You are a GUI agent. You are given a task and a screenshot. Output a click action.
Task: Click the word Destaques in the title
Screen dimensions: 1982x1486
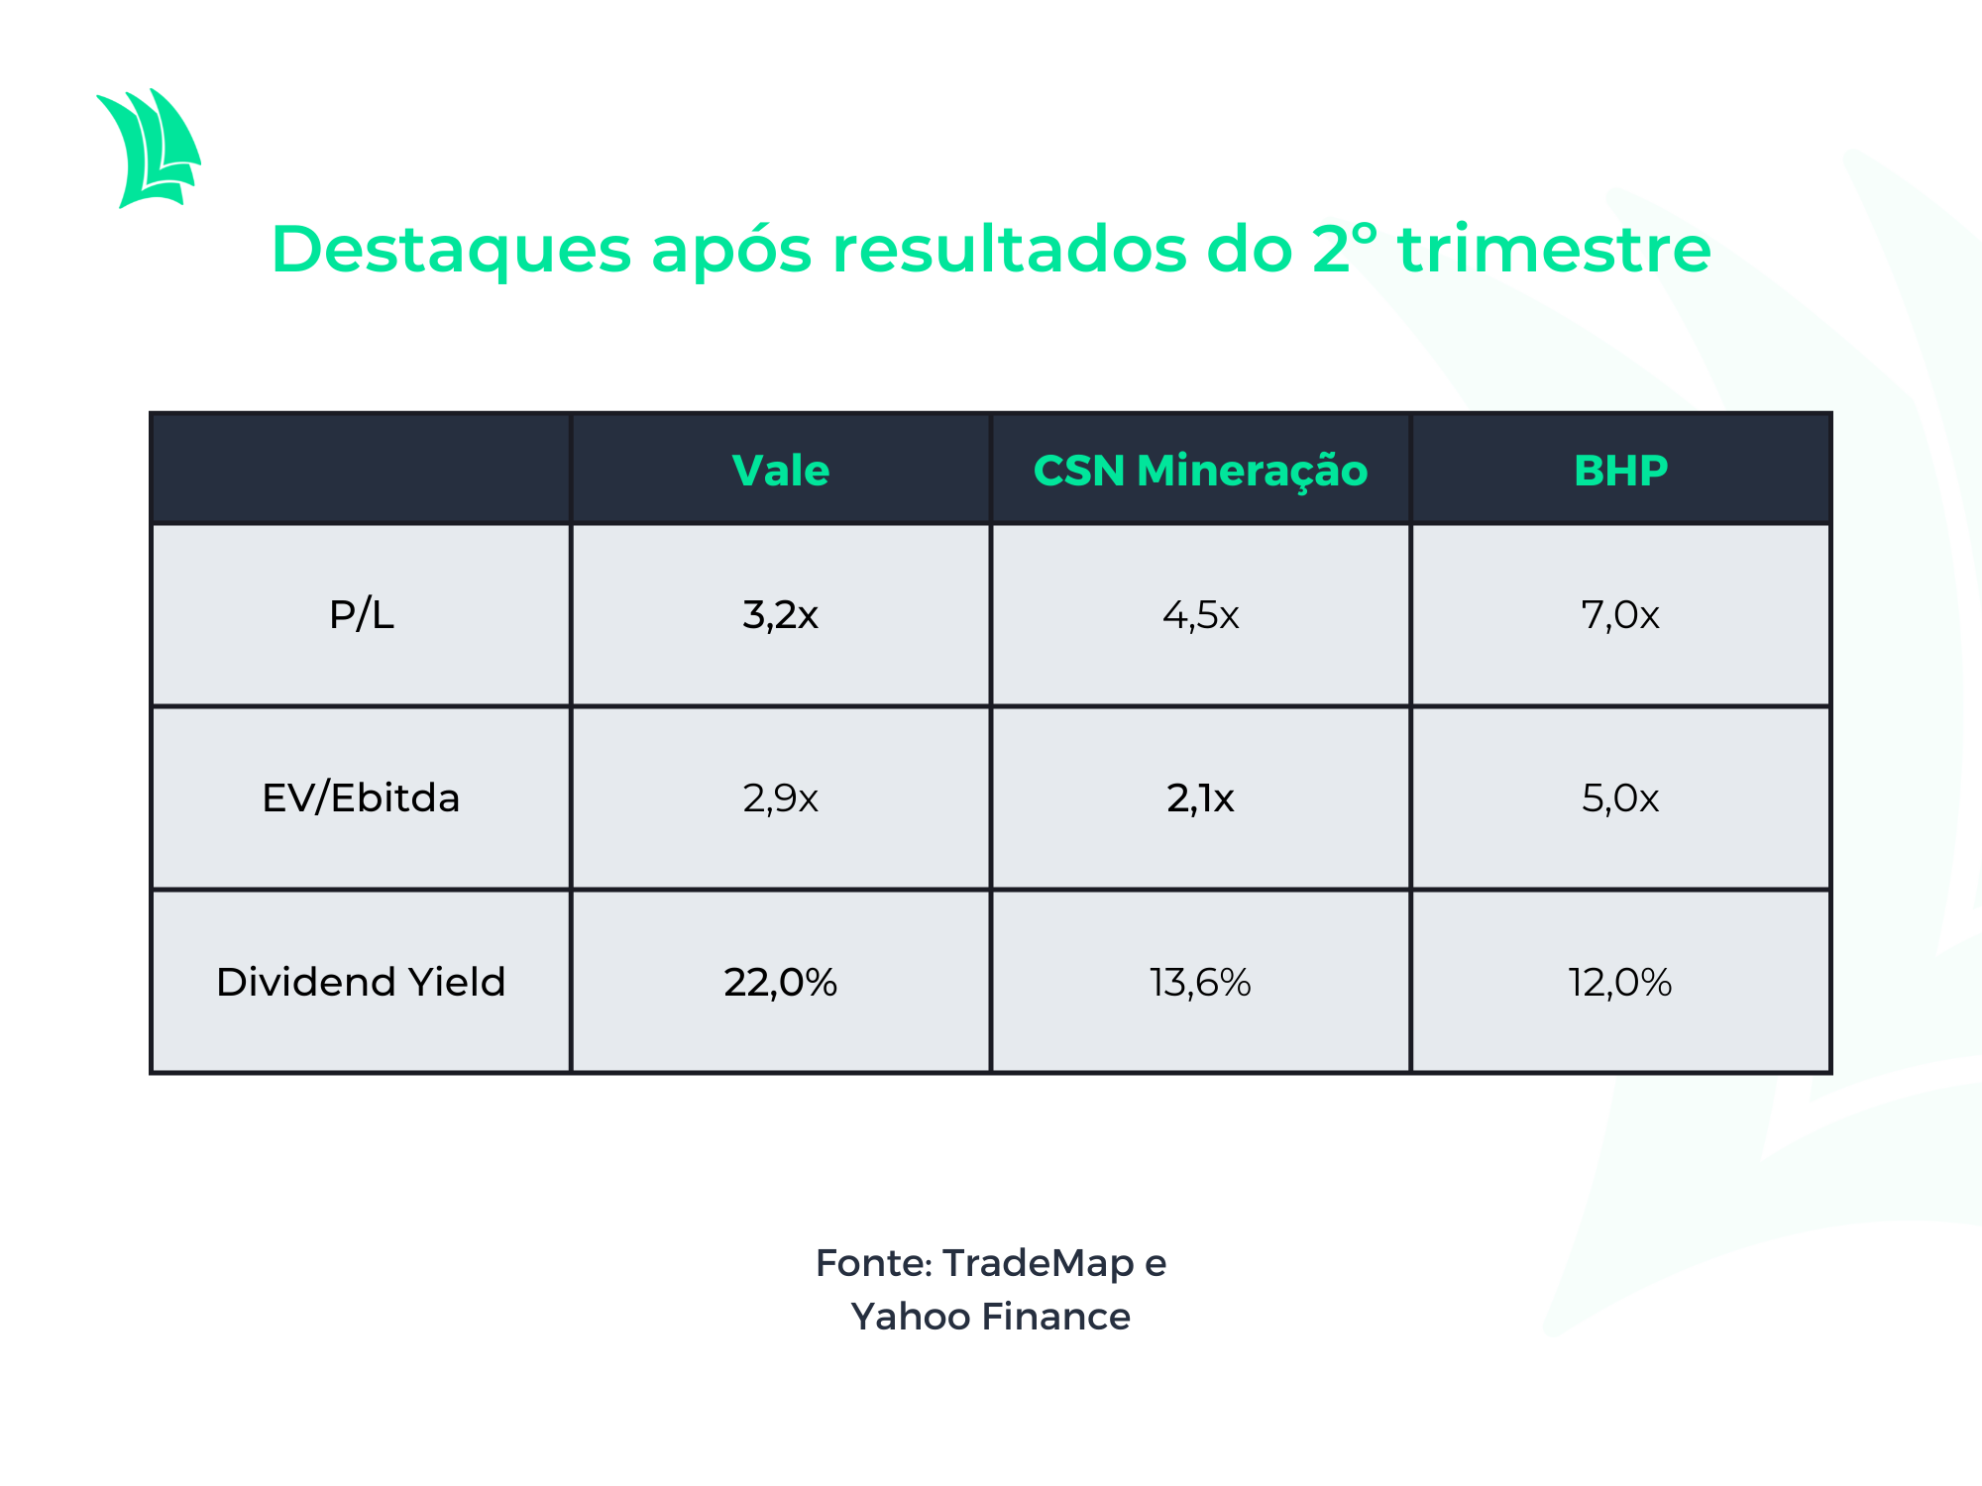[x=451, y=251]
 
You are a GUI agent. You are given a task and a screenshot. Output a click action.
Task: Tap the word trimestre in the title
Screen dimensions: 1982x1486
[x=1554, y=249]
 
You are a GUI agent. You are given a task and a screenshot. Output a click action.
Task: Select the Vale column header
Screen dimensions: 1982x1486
[x=781, y=470]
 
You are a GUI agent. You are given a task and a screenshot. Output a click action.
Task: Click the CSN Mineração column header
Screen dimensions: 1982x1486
[x=1200, y=472]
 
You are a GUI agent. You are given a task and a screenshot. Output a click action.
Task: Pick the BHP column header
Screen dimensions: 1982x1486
[x=1620, y=470]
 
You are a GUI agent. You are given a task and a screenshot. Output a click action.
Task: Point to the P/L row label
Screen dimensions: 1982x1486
[x=362, y=615]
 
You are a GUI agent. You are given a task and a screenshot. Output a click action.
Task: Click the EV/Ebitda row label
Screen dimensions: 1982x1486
[x=361, y=797]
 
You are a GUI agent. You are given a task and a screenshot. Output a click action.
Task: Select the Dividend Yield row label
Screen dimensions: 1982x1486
[x=361, y=982]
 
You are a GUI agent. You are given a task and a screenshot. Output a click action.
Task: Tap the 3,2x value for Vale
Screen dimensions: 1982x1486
[x=781, y=615]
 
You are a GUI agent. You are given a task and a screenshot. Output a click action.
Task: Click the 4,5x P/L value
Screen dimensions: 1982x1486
[x=1200, y=615]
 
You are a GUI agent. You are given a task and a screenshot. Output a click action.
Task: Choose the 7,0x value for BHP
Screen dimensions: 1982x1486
[x=1620, y=615]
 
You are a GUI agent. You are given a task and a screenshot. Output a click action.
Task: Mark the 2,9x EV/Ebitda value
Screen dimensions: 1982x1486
[x=781, y=798]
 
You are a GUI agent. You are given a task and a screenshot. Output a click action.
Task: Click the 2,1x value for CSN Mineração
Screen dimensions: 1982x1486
[x=1200, y=798]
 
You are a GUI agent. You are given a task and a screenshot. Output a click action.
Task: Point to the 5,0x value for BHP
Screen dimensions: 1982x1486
[x=1620, y=798]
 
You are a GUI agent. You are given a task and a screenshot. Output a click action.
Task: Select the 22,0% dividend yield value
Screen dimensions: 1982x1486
[x=781, y=983]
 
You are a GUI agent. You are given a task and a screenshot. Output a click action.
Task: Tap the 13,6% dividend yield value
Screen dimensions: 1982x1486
[x=1200, y=983]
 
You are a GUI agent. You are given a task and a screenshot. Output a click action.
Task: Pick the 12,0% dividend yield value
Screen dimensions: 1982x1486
[x=1620, y=983]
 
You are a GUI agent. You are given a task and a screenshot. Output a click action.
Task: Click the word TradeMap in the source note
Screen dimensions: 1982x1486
[x=1038, y=1264]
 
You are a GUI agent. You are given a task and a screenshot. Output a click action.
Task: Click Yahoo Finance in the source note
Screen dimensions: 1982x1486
[x=991, y=1317]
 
